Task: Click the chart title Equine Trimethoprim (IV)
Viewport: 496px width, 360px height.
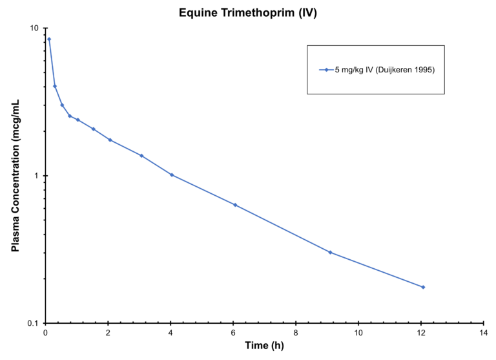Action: (x=247, y=12)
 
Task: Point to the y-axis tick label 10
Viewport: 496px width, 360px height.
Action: (x=34, y=28)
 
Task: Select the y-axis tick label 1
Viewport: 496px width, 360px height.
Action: (x=37, y=176)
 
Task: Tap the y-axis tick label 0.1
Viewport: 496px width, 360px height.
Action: (x=33, y=323)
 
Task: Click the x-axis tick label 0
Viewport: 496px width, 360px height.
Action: (x=45, y=332)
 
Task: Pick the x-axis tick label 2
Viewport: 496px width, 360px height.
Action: (x=108, y=332)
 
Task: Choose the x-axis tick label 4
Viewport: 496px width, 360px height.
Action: (x=170, y=332)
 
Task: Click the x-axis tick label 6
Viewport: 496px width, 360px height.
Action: (x=233, y=332)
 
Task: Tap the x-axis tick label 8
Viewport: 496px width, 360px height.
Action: (x=296, y=332)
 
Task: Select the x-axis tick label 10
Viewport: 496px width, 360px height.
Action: (x=358, y=332)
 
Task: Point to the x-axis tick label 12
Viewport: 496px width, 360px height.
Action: (x=421, y=332)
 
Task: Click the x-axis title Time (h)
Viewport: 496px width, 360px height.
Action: (x=264, y=346)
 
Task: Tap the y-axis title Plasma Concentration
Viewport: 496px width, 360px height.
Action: (x=15, y=176)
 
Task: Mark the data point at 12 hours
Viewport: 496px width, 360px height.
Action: (x=423, y=287)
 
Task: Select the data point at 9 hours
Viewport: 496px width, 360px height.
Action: (x=330, y=252)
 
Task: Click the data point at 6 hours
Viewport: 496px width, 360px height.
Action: (x=235, y=205)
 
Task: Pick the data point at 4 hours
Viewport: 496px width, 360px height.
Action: (x=172, y=175)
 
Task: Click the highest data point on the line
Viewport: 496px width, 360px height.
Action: (x=49, y=39)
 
